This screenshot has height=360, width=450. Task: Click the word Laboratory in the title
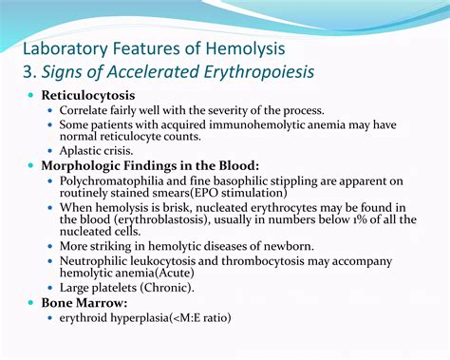pyautogui.click(x=66, y=47)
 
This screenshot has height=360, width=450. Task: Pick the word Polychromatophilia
pyautogui.click(x=121, y=180)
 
